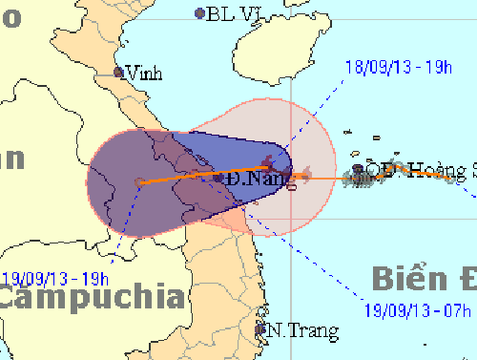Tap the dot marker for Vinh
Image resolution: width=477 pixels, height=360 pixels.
point(119,72)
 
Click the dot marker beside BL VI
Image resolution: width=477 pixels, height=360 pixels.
point(199,13)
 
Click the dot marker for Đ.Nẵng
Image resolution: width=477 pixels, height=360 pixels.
point(219,178)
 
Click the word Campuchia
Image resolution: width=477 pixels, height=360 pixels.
point(91,295)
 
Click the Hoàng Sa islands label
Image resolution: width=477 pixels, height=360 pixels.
point(442,171)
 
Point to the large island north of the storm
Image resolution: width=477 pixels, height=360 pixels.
point(286,53)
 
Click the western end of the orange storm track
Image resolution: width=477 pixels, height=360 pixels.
point(139,181)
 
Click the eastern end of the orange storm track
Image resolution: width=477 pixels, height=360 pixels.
point(471,179)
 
